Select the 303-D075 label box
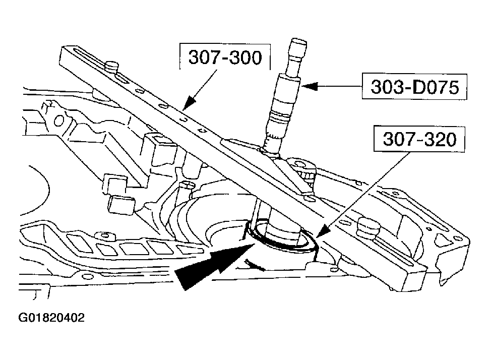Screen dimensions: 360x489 point(415,87)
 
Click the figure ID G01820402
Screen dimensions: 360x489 point(51,318)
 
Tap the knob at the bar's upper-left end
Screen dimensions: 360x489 point(112,66)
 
